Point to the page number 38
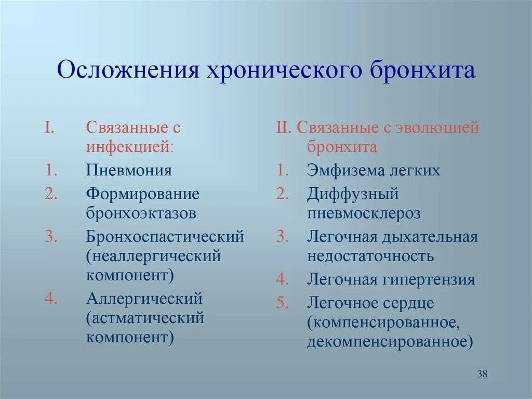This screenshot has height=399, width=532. pos(482,374)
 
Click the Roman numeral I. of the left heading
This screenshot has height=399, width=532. pos(49,127)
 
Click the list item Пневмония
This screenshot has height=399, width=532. pos(129,170)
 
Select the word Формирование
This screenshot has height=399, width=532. pos(143,194)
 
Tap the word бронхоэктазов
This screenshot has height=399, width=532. pos(141,213)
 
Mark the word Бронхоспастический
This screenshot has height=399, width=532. pos(165,237)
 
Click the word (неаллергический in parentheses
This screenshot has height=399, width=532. pos(154,255)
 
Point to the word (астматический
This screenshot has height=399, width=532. pos(145,318)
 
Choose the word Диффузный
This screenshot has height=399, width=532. pos(353,194)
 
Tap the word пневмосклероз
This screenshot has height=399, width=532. pos(364,213)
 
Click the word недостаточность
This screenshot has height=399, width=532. pos(370,255)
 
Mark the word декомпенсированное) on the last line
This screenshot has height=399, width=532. pos(390,342)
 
